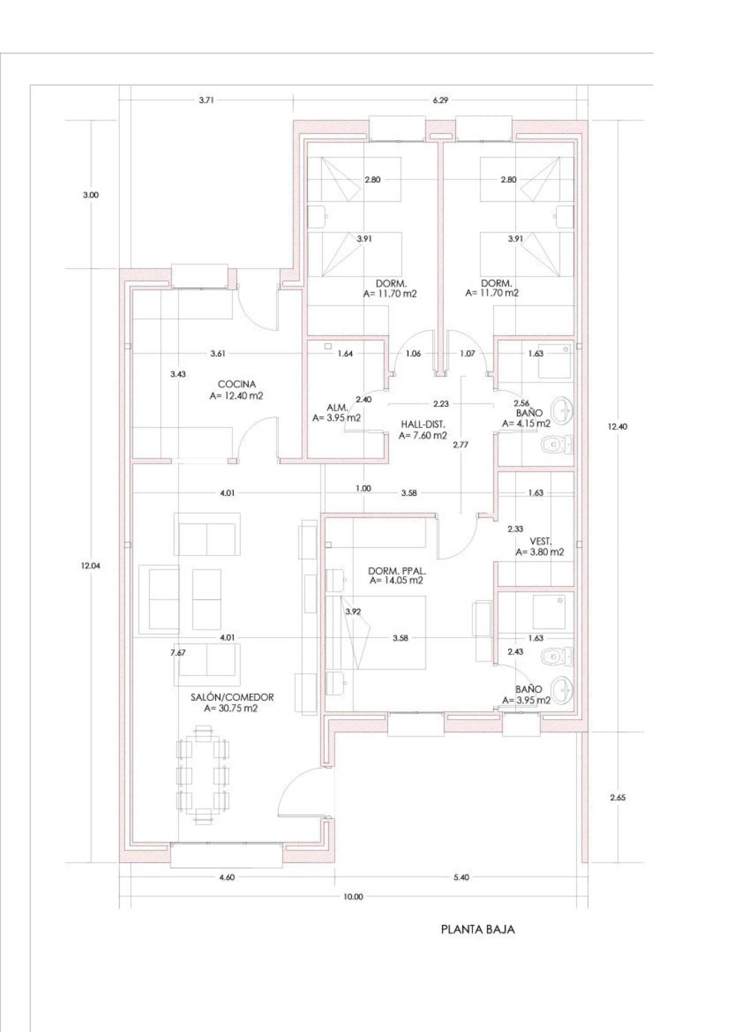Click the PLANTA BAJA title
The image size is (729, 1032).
[x=478, y=929]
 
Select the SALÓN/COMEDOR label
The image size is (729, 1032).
[x=232, y=697]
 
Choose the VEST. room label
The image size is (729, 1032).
[x=540, y=542]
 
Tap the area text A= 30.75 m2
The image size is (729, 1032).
[x=231, y=708]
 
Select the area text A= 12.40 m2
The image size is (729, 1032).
[x=236, y=396]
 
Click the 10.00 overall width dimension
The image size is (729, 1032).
[x=353, y=897]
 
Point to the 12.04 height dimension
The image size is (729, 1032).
[x=91, y=566]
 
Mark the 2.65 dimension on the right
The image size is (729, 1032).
[x=618, y=797]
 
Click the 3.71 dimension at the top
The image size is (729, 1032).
[x=207, y=100]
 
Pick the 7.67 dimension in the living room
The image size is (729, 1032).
[x=178, y=652]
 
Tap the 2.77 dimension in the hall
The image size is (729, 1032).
[x=460, y=444]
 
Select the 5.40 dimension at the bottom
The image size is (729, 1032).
[x=461, y=877]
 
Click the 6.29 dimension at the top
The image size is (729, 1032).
[x=440, y=100]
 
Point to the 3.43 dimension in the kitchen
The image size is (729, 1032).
[x=178, y=374]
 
